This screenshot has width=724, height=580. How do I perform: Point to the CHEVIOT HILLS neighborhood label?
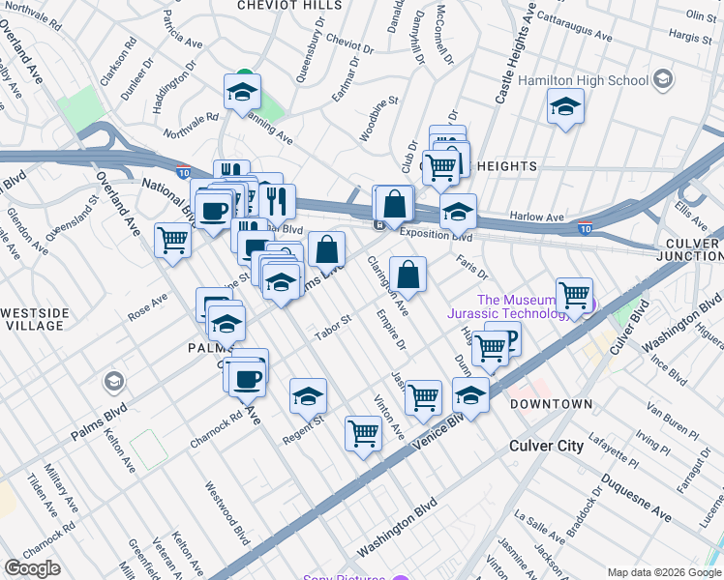[x=289, y=5]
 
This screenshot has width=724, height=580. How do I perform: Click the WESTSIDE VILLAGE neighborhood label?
[x=35, y=319]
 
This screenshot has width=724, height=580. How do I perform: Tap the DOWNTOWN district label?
[x=551, y=403]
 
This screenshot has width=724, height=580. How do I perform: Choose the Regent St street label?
[x=302, y=427]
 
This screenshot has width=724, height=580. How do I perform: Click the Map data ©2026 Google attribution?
[x=664, y=572]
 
